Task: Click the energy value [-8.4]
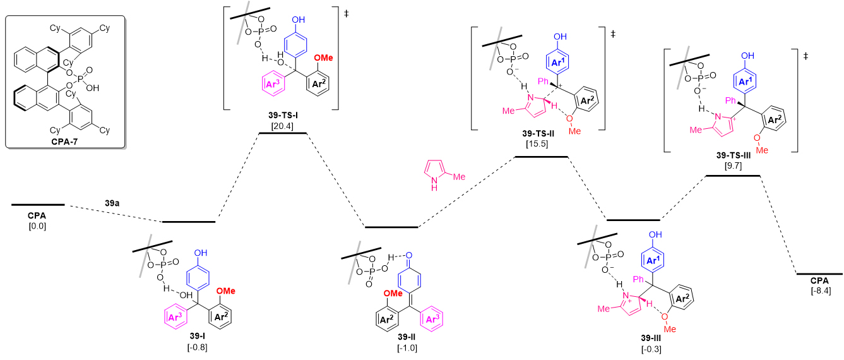point(819,291)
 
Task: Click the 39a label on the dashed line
point(114,203)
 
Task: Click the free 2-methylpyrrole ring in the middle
point(435,172)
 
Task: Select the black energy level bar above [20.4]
point(283,133)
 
